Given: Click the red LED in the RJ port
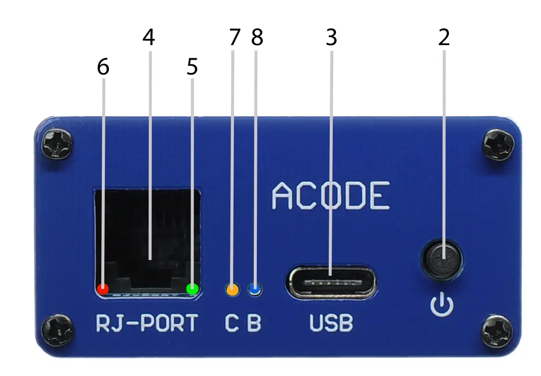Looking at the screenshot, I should (x=103, y=289).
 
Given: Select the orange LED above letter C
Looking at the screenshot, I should (x=232, y=290).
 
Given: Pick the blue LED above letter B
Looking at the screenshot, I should (x=255, y=289).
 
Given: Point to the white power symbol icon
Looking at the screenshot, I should (x=442, y=305).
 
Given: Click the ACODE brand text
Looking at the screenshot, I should (x=331, y=196).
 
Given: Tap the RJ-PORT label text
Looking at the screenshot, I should (x=146, y=324).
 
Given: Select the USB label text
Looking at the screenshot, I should (x=331, y=324).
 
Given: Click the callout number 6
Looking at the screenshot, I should (x=103, y=68).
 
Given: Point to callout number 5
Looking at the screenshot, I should (x=192, y=68).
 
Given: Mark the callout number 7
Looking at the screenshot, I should (x=233, y=39).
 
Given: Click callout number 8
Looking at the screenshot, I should (x=257, y=39).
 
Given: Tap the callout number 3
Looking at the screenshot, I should (x=331, y=39).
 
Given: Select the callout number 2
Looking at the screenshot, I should (x=444, y=39).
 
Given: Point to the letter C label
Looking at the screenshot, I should (x=232, y=324).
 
